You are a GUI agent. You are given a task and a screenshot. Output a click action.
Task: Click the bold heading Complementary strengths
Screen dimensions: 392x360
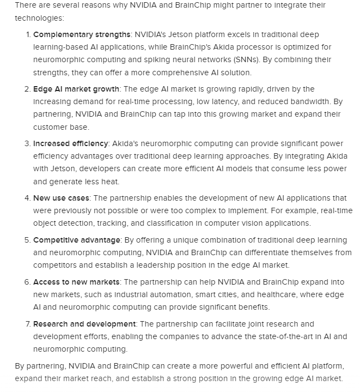coord(82,34)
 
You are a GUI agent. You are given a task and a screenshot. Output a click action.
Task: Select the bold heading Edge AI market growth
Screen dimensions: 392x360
coord(76,89)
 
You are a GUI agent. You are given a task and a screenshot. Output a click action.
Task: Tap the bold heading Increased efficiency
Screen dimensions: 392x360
coord(71,143)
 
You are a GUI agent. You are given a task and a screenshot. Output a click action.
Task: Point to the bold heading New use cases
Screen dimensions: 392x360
coord(61,198)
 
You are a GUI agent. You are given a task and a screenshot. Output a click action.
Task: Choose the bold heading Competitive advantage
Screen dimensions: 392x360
coord(77,240)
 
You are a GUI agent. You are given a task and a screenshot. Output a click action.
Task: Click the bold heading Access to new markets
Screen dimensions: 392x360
coord(76,282)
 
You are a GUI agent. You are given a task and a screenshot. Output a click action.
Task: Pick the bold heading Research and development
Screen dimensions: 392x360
coord(84,324)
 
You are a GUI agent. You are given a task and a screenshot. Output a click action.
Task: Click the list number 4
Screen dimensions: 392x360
coord(27,198)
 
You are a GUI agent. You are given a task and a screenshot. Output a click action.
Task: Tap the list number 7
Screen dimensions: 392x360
coord(27,324)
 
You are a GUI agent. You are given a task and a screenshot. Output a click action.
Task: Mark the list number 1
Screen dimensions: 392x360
coord(27,34)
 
